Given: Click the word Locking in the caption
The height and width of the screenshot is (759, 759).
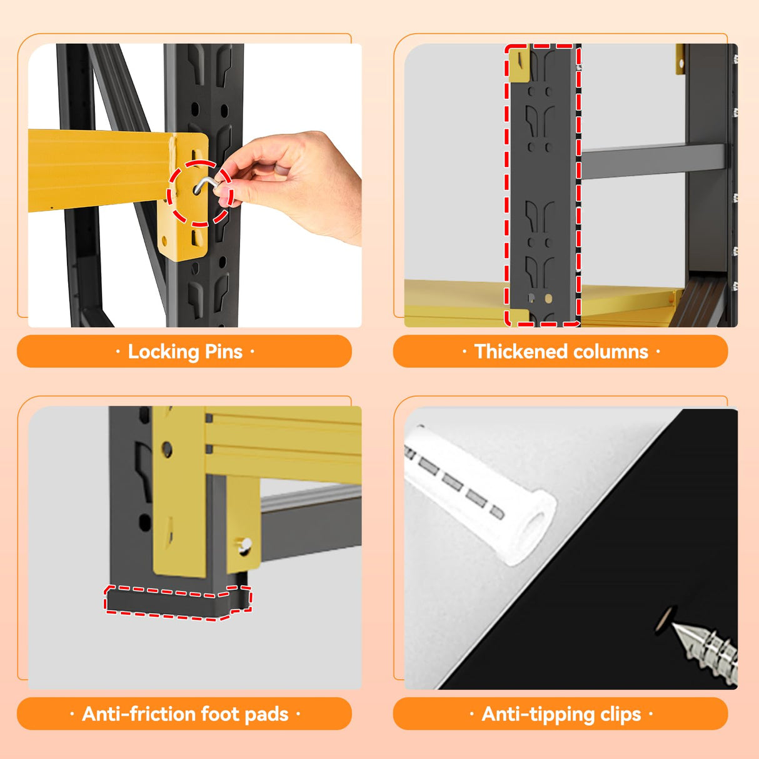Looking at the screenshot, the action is pos(163,352).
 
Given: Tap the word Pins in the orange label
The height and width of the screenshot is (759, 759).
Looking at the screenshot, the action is pos(223,351).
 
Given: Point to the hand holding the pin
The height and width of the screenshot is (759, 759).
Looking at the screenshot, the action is pos(291,185).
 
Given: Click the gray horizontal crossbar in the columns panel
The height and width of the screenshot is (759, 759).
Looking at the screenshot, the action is pos(653,161).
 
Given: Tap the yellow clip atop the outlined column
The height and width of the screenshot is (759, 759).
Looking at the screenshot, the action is pos(519,65).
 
